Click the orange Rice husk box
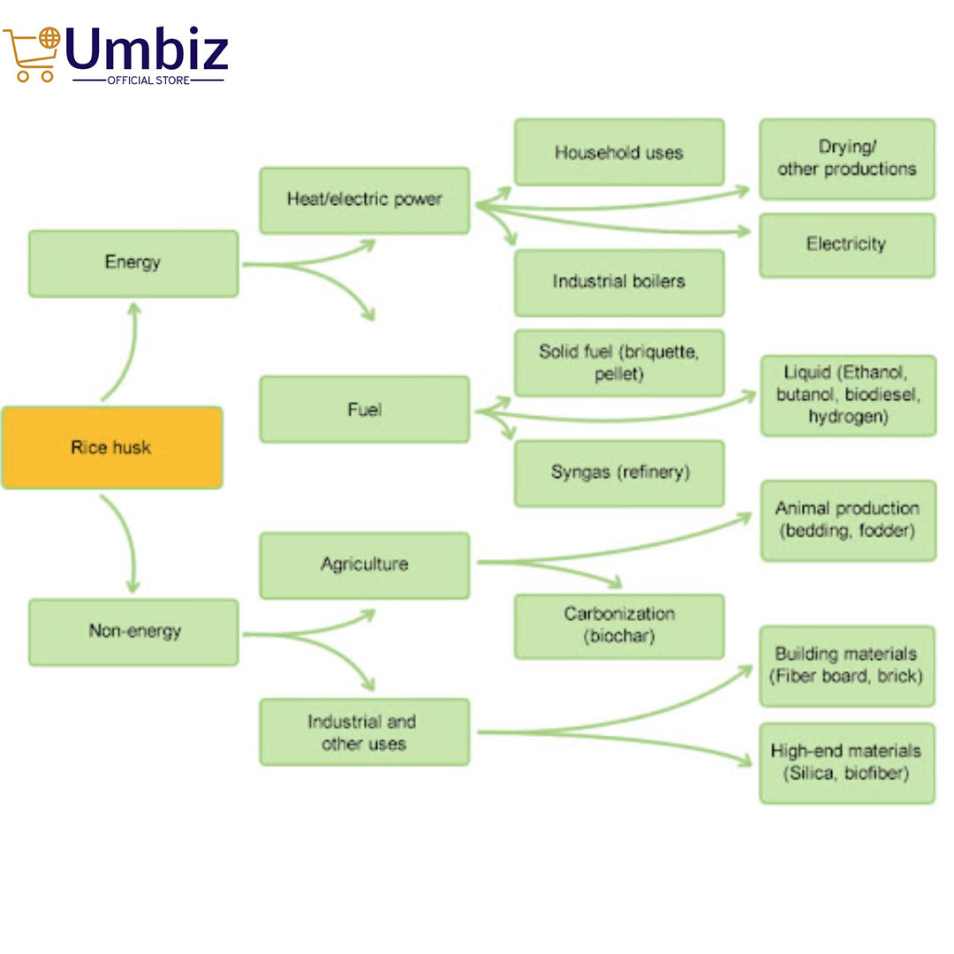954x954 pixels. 111,448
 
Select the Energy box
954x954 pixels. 133,263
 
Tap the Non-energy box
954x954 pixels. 133,632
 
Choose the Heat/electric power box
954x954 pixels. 364,201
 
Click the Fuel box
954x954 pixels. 364,409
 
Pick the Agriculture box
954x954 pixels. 364,565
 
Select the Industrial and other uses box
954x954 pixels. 364,732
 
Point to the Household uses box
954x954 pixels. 619,153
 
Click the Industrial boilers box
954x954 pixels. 619,283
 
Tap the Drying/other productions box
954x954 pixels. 847,159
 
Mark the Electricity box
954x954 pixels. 847,245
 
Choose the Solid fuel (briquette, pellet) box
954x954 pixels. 619,363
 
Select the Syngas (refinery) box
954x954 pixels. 619,473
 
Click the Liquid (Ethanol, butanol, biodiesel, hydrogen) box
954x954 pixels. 848,395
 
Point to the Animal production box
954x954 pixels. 848,520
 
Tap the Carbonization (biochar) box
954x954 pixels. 619,625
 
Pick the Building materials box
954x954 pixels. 847,666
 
